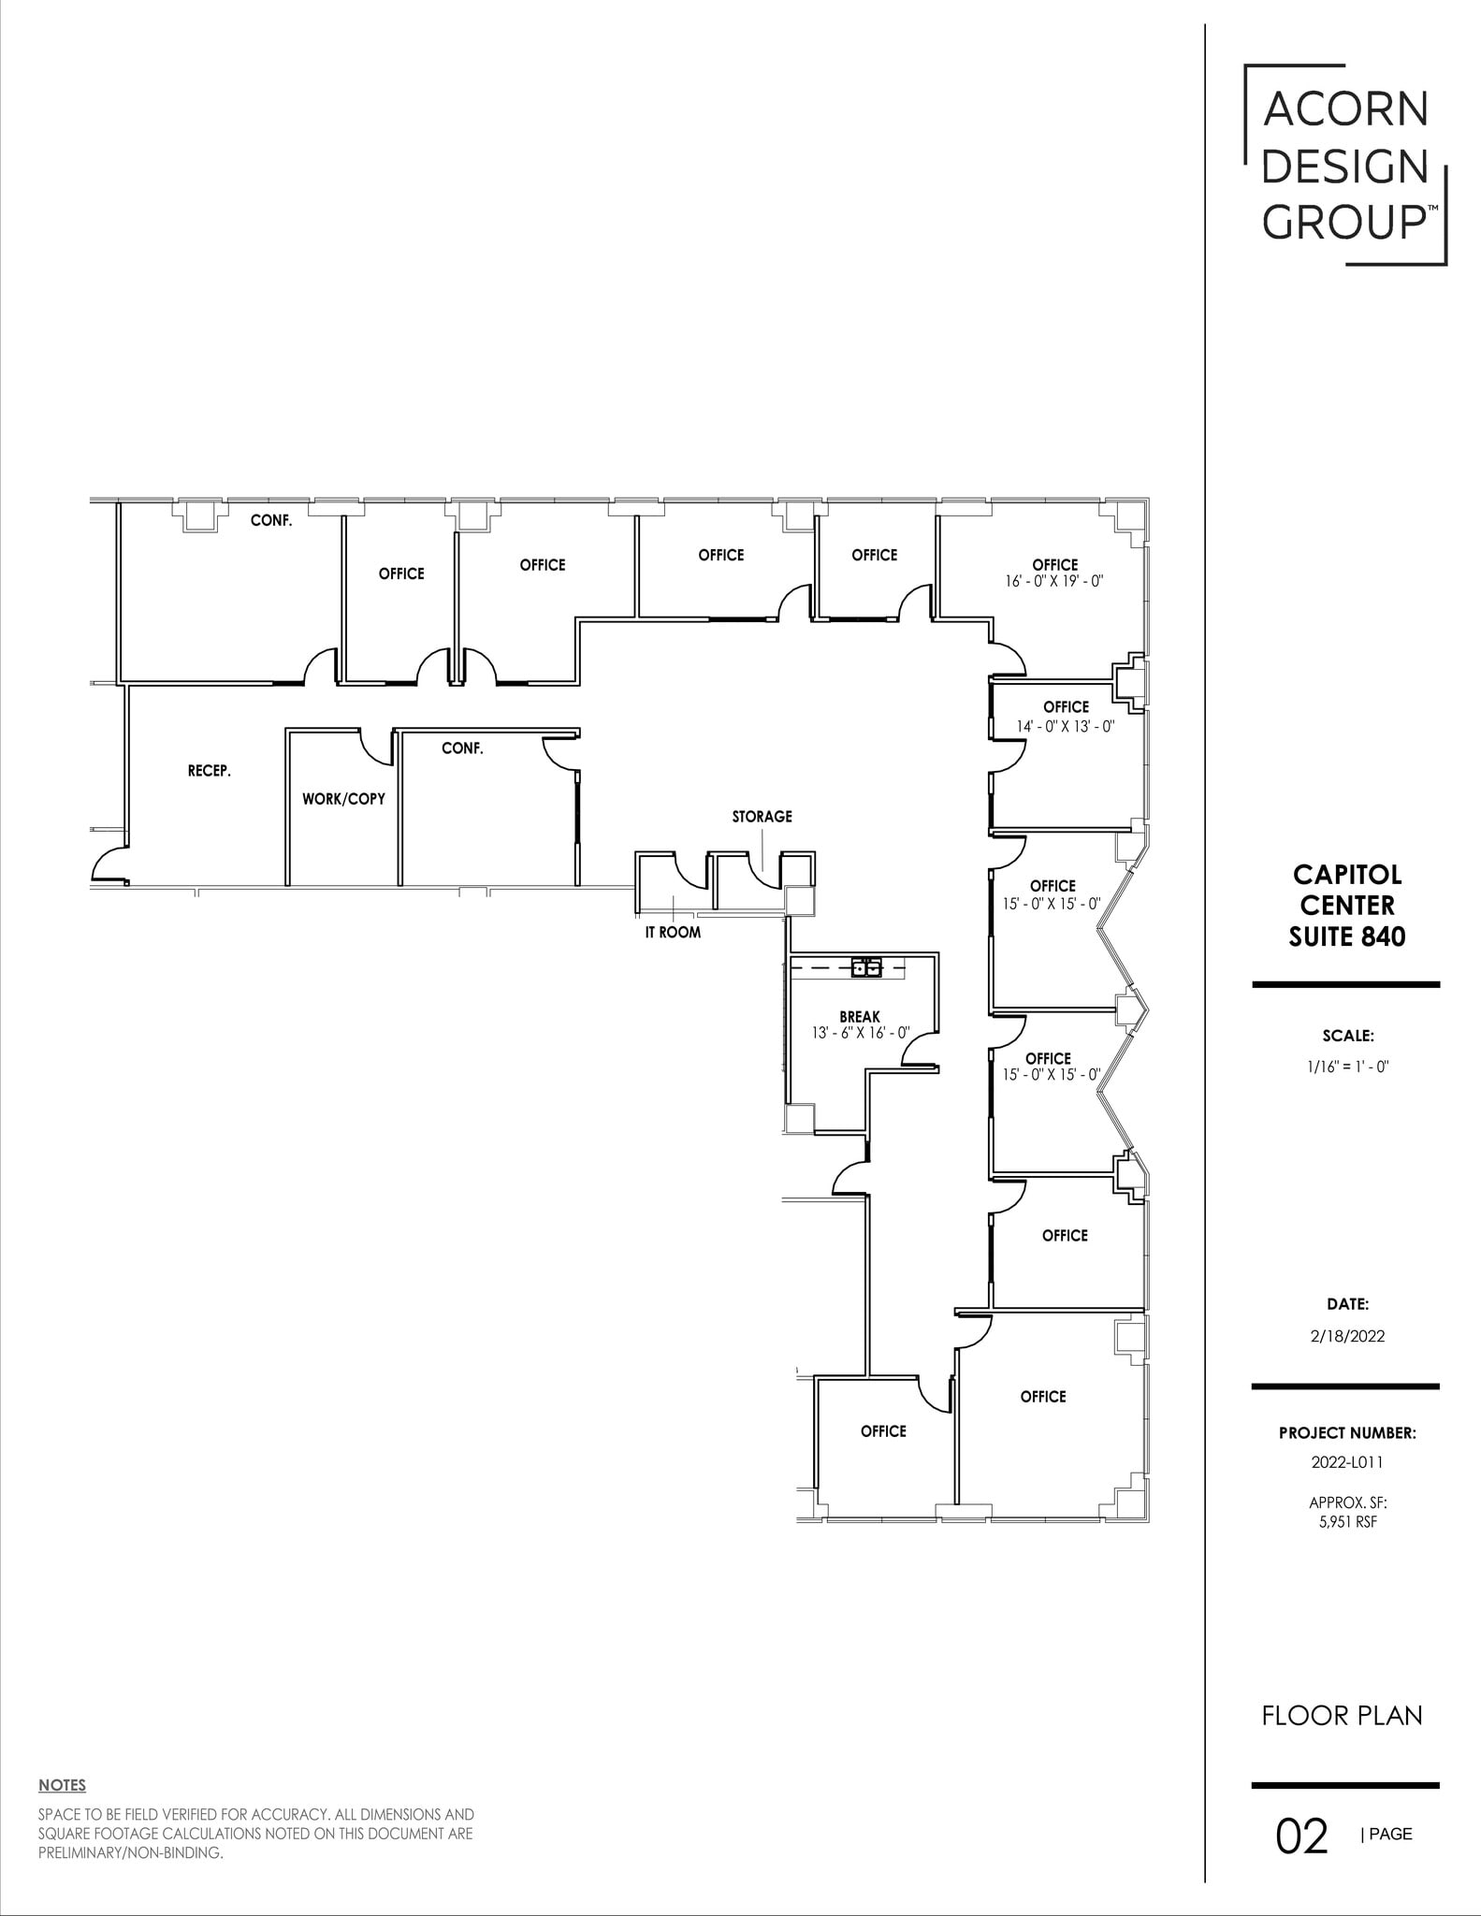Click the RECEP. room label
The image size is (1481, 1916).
210,771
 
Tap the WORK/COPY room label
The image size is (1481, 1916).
343,799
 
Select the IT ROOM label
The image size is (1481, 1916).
673,932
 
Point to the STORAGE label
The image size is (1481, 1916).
762,817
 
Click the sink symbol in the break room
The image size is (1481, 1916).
866,967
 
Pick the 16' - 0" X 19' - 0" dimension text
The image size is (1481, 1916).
1054,581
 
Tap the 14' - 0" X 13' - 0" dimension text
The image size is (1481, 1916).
1066,726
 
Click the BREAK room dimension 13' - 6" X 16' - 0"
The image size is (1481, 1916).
860,1033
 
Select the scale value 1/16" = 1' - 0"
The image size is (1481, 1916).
1347,1066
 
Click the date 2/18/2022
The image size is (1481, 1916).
1347,1336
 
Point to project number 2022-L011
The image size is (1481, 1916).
1347,1461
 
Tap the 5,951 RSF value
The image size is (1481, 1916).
1347,1521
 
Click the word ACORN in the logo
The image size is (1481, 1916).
1345,110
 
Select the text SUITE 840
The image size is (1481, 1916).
1346,936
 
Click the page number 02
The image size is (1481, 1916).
1301,1836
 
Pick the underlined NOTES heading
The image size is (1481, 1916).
62,1786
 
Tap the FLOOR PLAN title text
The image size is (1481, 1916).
1342,1716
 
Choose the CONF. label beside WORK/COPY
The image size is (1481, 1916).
462,748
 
